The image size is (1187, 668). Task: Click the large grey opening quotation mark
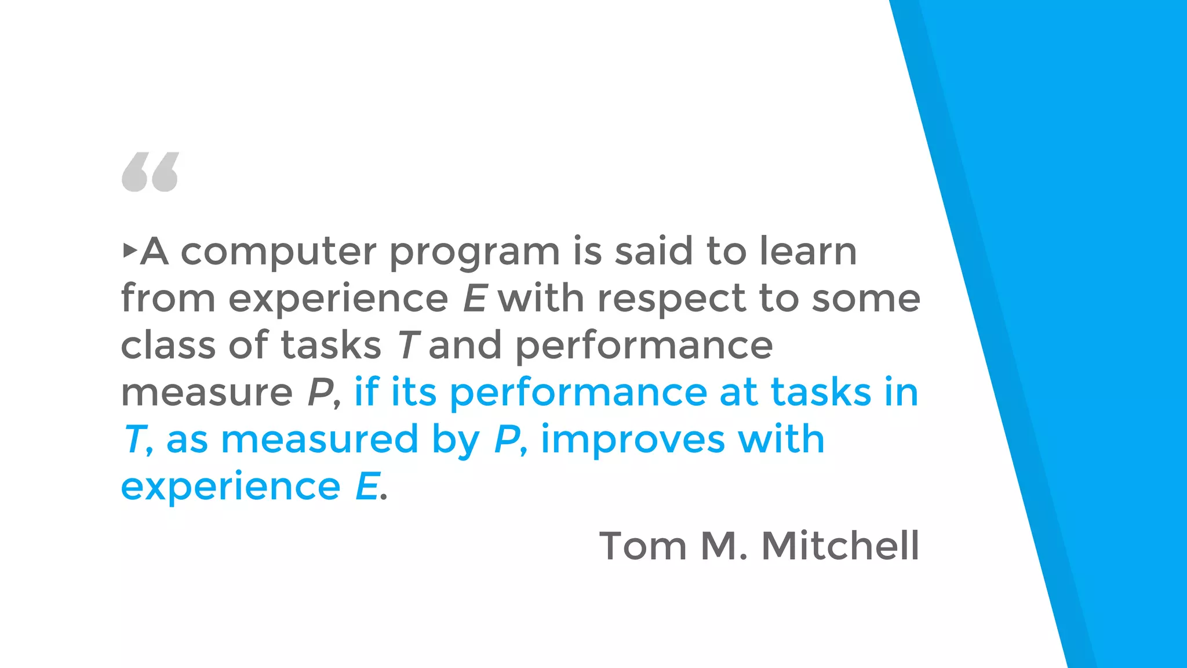(x=150, y=172)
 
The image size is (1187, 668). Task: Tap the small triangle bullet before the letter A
(x=130, y=251)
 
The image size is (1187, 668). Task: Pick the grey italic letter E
(x=475, y=299)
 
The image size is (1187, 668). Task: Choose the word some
(x=866, y=300)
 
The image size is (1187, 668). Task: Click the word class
(x=168, y=345)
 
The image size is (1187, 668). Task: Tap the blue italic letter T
(x=134, y=440)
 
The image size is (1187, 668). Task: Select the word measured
(x=319, y=440)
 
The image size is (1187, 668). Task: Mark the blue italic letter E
(x=367, y=487)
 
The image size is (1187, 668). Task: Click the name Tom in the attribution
(x=643, y=546)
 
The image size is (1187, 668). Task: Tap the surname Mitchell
(x=840, y=546)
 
